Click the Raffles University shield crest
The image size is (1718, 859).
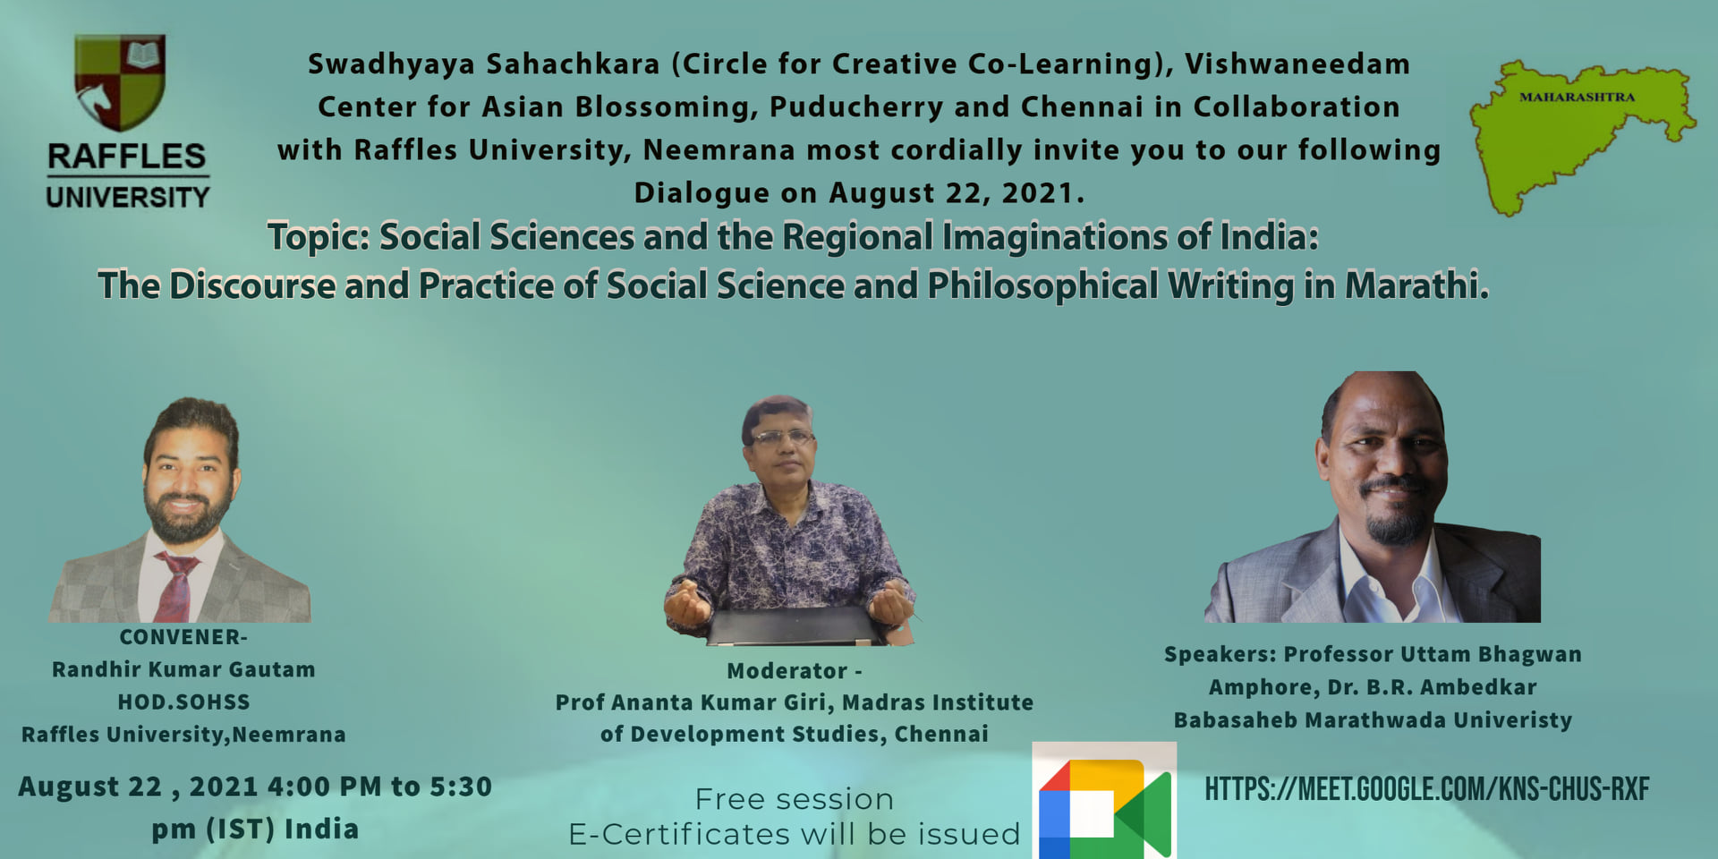[120, 81]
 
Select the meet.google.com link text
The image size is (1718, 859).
[1426, 789]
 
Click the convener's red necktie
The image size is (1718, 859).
[176, 587]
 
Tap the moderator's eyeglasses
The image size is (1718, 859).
[782, 438]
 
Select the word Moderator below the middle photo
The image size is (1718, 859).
[787, 671]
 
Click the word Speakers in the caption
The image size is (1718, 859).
[1220, 655]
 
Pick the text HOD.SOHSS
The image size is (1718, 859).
[184, 702]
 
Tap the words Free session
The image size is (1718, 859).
[795, 799]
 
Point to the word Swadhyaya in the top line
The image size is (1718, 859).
[391, 65]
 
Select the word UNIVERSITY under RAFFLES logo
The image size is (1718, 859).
[128, 197]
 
